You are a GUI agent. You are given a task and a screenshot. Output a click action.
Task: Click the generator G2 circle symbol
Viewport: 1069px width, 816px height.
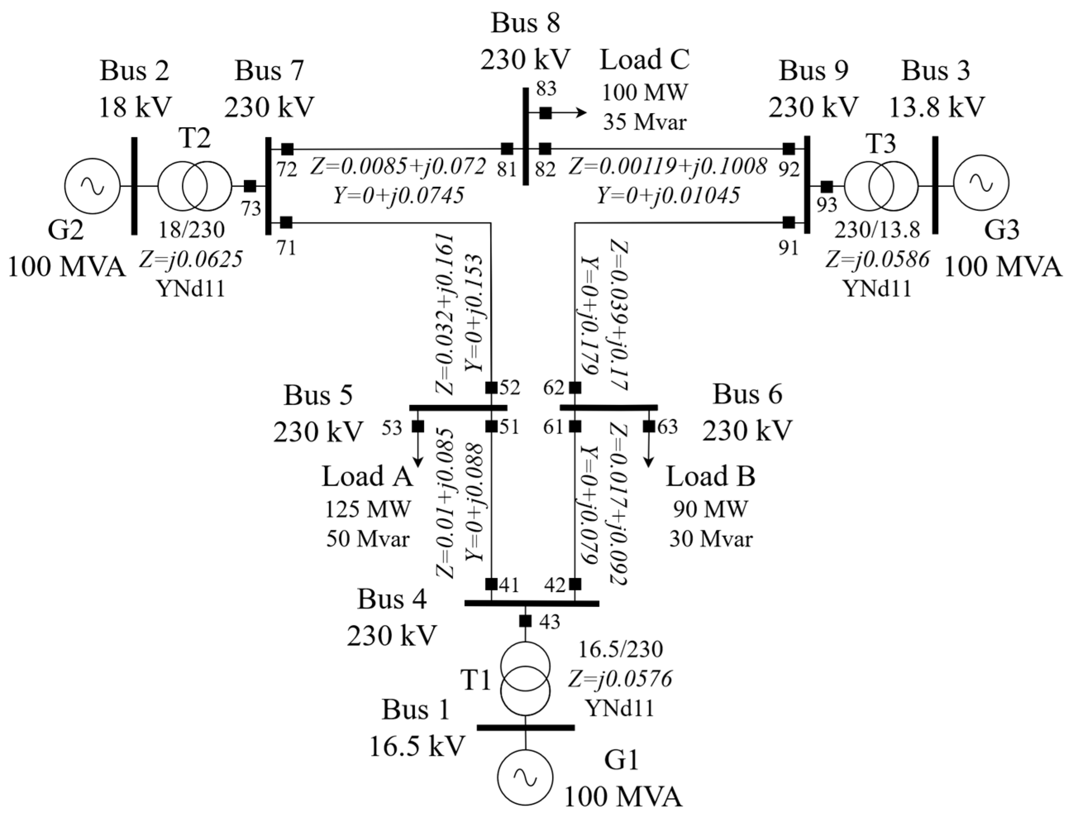92,186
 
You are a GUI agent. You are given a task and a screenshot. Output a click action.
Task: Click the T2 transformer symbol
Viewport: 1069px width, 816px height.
195,186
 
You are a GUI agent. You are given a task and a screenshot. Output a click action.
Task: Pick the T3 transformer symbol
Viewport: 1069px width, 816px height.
881,186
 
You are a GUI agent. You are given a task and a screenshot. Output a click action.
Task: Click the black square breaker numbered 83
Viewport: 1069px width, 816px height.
546,113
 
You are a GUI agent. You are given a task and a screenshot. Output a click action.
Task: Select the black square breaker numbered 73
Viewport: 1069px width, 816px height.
250,186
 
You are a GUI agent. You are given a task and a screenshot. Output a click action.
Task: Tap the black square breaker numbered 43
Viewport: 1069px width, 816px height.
525,621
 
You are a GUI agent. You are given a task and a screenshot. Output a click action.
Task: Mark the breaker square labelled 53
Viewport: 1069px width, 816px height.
417,427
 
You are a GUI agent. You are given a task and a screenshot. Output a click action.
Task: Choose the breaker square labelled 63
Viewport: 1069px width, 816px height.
649,427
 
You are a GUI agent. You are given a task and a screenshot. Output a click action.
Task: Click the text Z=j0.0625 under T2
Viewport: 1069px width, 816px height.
190,260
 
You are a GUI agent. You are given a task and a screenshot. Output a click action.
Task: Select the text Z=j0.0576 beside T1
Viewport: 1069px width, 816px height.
620,678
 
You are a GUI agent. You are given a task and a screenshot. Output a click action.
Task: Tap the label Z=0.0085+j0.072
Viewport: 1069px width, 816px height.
398,167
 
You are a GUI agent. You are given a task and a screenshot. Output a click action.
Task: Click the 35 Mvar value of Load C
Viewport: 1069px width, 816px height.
645,122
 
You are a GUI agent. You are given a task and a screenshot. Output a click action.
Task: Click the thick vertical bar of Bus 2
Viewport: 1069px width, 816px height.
134,186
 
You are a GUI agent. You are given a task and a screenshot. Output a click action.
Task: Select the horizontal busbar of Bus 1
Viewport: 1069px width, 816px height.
525,728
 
